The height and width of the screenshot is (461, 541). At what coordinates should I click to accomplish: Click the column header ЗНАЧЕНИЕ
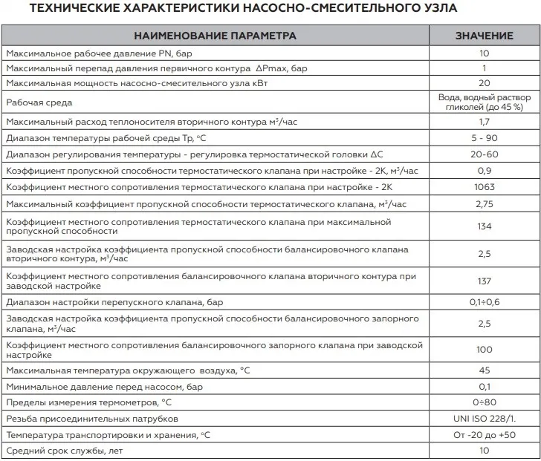484,36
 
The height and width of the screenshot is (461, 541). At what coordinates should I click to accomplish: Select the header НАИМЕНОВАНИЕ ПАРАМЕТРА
215,36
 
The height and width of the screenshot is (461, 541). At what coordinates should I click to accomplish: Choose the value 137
484,281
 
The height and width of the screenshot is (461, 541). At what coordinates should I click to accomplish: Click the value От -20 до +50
484,435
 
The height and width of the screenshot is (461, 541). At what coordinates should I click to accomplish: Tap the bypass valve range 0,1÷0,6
484,302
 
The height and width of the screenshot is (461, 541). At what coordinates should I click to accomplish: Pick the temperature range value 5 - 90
484,137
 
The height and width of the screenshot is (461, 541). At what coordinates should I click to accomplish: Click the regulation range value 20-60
484,154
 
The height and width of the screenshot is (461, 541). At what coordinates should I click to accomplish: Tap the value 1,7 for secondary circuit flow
484,122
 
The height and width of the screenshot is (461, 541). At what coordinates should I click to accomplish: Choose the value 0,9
484,170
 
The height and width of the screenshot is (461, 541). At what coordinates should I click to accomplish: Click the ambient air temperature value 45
484,370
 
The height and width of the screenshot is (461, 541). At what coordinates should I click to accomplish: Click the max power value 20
484,83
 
